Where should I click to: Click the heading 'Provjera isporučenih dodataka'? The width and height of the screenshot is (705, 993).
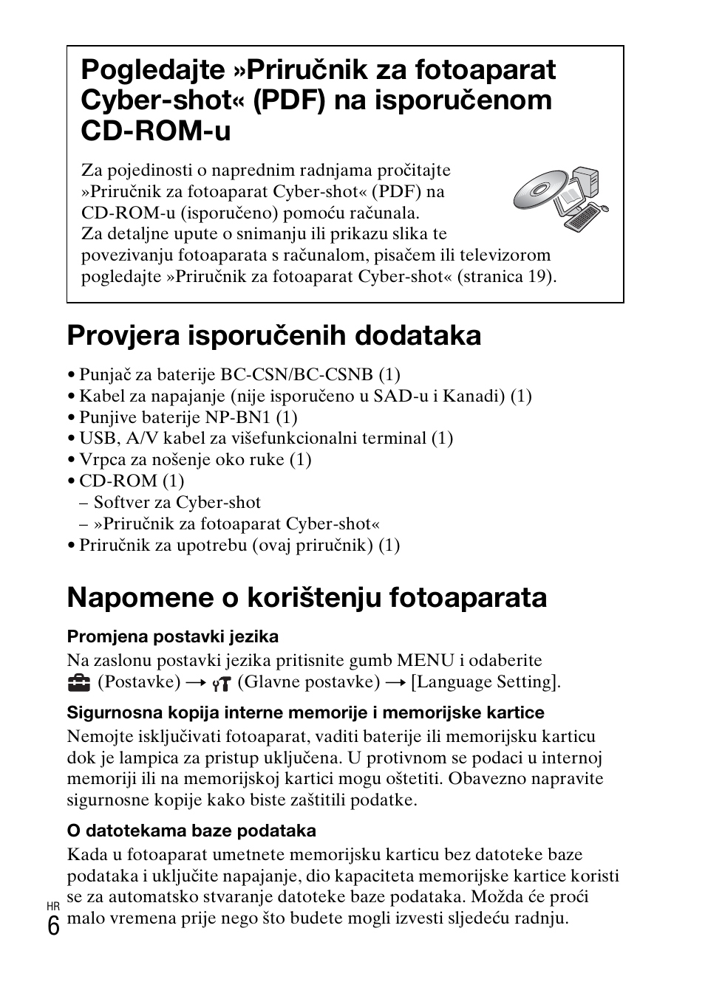(x=273, y=336)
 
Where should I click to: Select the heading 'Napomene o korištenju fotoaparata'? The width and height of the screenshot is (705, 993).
(x=307, y=597)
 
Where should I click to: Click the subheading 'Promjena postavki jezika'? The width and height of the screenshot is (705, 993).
(x=172, y=636)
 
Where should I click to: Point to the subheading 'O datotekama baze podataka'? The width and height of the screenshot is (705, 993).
(x=191, y=831)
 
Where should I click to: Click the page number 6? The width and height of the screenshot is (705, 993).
(x=53, y=926)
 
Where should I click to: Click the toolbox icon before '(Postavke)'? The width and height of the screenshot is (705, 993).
(x=78, y=683)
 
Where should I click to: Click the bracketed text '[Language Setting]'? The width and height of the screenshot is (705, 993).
(x=485, y=681)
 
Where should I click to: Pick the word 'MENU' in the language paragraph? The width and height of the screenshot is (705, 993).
(x=426, y=660)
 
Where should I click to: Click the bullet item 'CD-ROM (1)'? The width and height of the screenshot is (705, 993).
(x=132, y=481)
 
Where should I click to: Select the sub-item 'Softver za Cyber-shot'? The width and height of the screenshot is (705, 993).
(x=177, y=502)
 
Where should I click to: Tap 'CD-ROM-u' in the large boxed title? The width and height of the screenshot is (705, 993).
(x=156, y=131)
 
